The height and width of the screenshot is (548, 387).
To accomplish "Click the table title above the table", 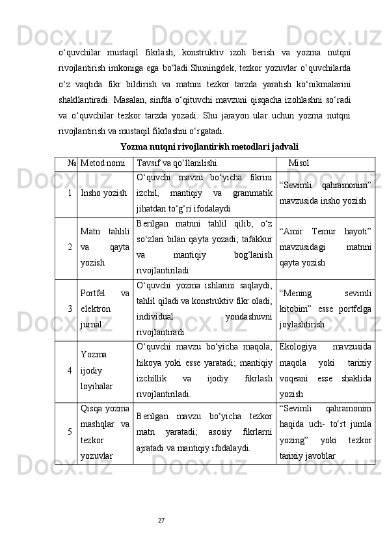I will click(x=209, y=147).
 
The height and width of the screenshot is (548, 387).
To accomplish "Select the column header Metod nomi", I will click(x=103, y=163).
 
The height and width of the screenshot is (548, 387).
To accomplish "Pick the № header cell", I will click(x=65, y=163).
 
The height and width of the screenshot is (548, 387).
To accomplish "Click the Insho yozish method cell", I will click(x=104, y=193).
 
